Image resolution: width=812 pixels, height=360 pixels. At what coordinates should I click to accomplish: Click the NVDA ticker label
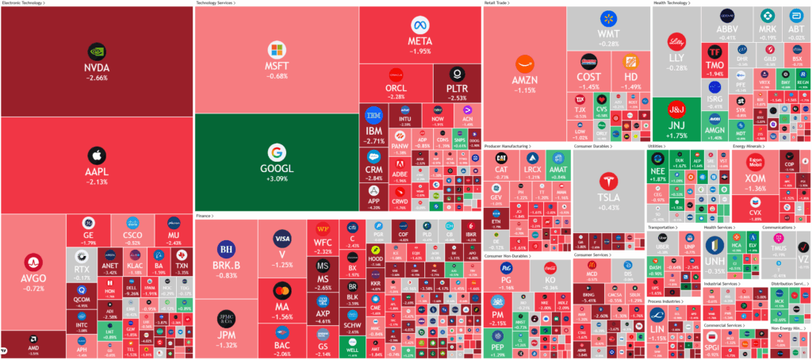pos(97,68)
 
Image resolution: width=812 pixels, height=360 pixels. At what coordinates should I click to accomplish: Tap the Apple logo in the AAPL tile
pos(97,154)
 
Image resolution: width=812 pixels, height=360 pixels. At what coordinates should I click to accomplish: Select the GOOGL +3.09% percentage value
pos(276,179)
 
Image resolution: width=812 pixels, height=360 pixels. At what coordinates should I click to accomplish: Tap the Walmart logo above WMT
pos(609,17)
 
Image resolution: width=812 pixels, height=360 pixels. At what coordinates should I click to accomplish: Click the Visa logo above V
pos(282,238)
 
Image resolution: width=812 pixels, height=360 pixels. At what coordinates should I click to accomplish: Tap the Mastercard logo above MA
pos(282,290)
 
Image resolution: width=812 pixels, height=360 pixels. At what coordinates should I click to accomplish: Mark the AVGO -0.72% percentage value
pos(33,288)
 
